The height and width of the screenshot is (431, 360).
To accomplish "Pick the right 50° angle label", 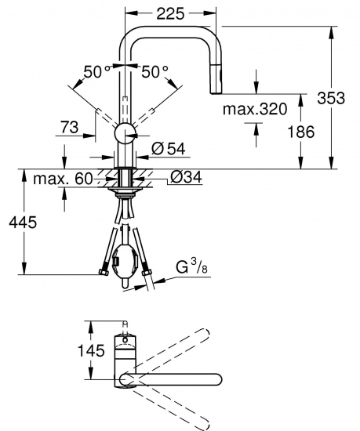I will pos(155,71).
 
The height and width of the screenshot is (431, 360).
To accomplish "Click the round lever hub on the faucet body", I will pos(125,134).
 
